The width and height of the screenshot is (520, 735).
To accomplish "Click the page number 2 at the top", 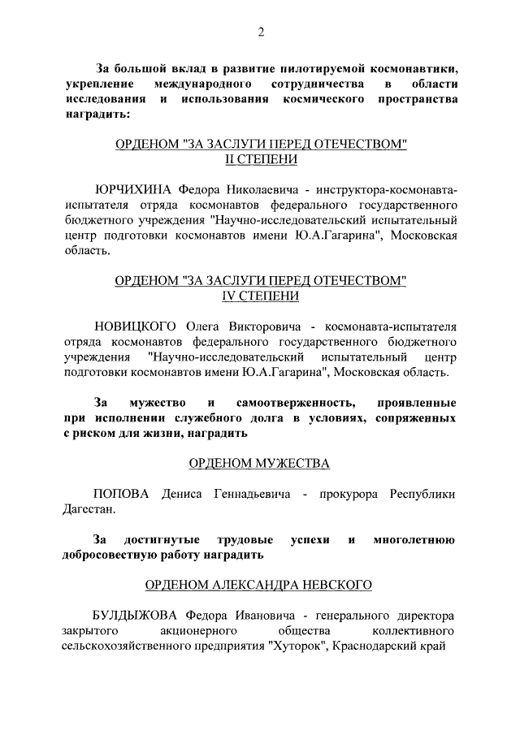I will [x=260, y=32].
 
